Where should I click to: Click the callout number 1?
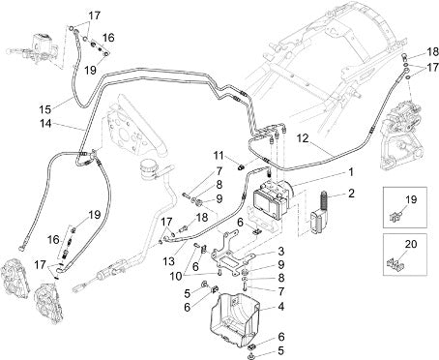click(351, 172)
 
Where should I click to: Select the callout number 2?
click(351, 194)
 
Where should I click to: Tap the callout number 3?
click(281, 251)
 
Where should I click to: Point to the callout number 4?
click(281, 306)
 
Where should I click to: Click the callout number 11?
click(219, 156)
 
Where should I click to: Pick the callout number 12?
click(303, 138)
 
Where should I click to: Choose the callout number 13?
click(168, 261)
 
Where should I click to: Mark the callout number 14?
click(46, 123)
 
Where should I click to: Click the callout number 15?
click(45, 109)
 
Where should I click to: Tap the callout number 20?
click(411, 244)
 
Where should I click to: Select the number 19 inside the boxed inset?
click(411, 199)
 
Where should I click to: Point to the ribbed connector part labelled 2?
click(320, 212)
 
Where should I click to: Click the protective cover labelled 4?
click(235, 319)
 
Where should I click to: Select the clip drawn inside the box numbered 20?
click(395, 264)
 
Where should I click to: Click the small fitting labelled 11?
click(241, 166)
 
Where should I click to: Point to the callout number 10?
click(176, 277)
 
